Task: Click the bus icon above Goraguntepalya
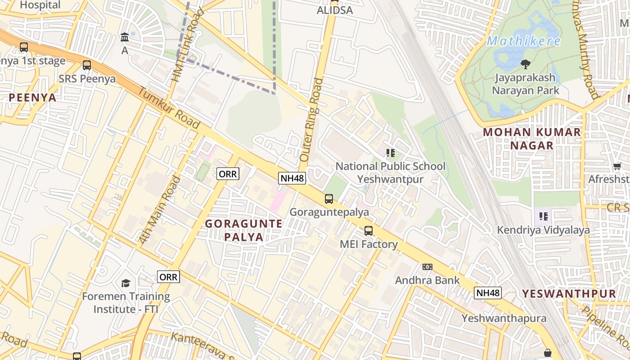[329, 198]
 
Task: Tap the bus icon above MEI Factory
[369, 231]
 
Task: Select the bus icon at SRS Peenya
[87, 65]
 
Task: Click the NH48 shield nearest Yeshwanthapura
[488, 293]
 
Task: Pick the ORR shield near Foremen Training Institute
[169, 277]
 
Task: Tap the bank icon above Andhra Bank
[427, 267]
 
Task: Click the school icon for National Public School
[390, 153]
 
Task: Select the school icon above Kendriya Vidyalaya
[544, 216]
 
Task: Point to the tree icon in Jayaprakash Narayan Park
[525, 64]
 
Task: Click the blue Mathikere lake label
[524, 41]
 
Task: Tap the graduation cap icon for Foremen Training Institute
[126, 283]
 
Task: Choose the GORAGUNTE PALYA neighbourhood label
[244, 230]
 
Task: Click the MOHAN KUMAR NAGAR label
[532, 139]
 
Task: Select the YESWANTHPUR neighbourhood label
[569, 294]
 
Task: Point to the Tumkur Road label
[168, 108]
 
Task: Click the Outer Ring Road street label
[311, 120]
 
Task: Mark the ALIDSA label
[335, 10]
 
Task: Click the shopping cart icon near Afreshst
[617, 166]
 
